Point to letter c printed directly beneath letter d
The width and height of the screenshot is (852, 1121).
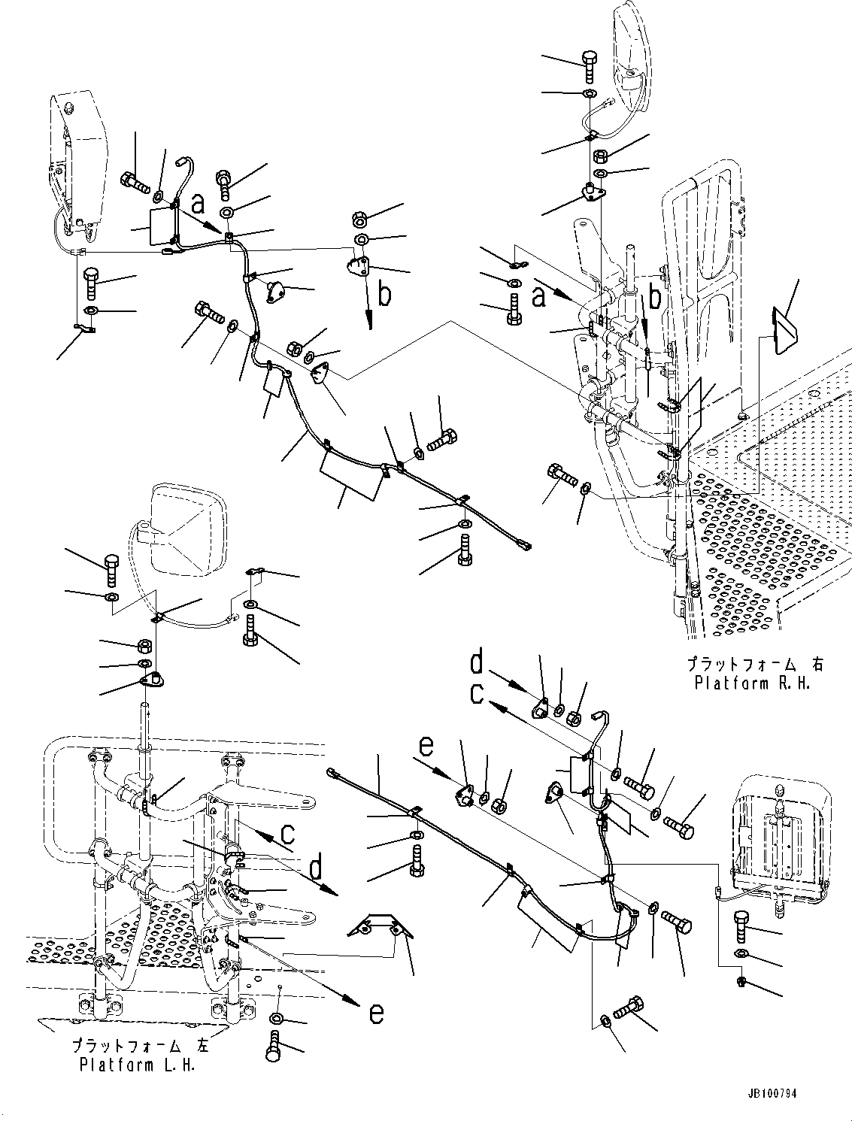(x=477, y=693)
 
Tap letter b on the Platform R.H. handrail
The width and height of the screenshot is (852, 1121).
(x=655, y=298)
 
